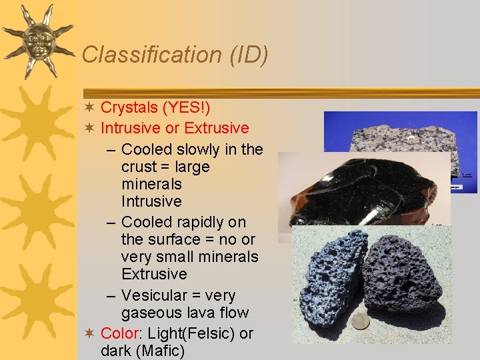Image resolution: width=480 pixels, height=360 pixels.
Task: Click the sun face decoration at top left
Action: (x=37, y=40)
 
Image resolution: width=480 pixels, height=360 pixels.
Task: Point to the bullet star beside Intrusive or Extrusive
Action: (x=90, y=128)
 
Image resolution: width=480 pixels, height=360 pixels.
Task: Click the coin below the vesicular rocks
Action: (x=360, y=321)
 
